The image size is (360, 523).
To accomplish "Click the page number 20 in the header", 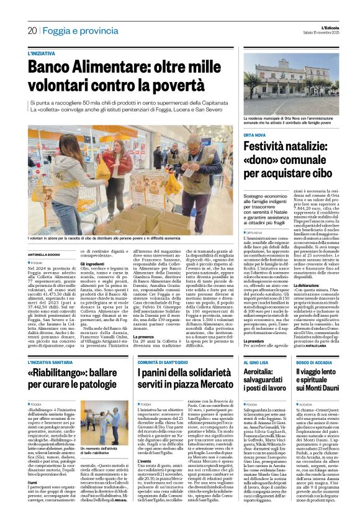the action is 32,30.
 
